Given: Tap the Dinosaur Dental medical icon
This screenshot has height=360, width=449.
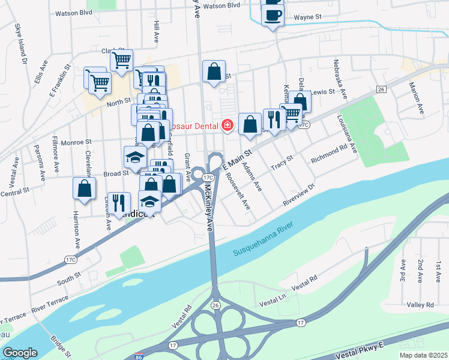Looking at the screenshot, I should click(x=228, y=125).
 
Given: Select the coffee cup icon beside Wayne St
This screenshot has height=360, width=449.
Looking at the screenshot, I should click(x=273, y=15).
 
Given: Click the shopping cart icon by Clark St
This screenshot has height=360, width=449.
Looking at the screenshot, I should click(x=121, y=59).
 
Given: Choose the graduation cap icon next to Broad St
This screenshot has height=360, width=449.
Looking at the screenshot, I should click(x=135, y=157).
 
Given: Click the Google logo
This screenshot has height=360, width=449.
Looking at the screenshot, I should click(x=20, y=353).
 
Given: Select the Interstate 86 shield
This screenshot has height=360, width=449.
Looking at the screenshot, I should click(x=139, y=356).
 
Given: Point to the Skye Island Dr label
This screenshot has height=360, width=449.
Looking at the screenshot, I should click(x=21, y=45).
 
